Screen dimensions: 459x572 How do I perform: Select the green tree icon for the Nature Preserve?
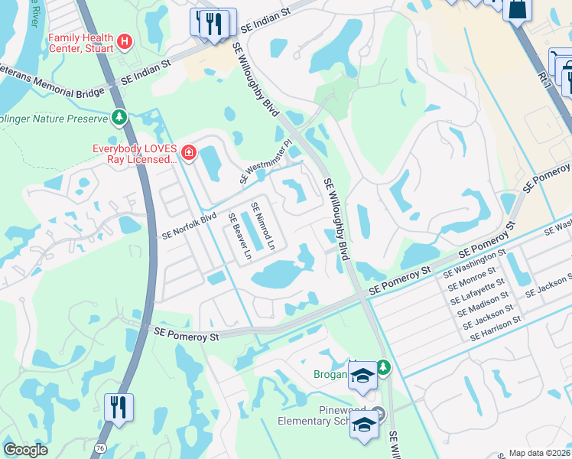(119, 118)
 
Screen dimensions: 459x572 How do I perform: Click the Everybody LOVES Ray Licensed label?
(135, 155)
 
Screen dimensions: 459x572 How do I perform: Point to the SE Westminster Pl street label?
(266, 161)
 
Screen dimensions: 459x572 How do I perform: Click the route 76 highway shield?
(100, 447)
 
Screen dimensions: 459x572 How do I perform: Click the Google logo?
(25, 450)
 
